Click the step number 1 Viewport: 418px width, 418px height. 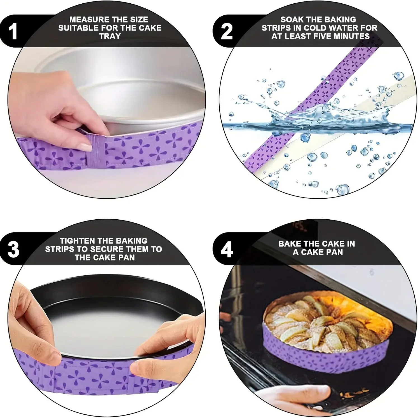coord(13,31)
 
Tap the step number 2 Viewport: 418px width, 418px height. coord(227,31)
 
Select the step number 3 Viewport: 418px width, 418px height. coord(13,249)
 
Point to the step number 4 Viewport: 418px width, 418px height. coord(227,249)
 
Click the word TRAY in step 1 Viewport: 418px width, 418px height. coord(110,36)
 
